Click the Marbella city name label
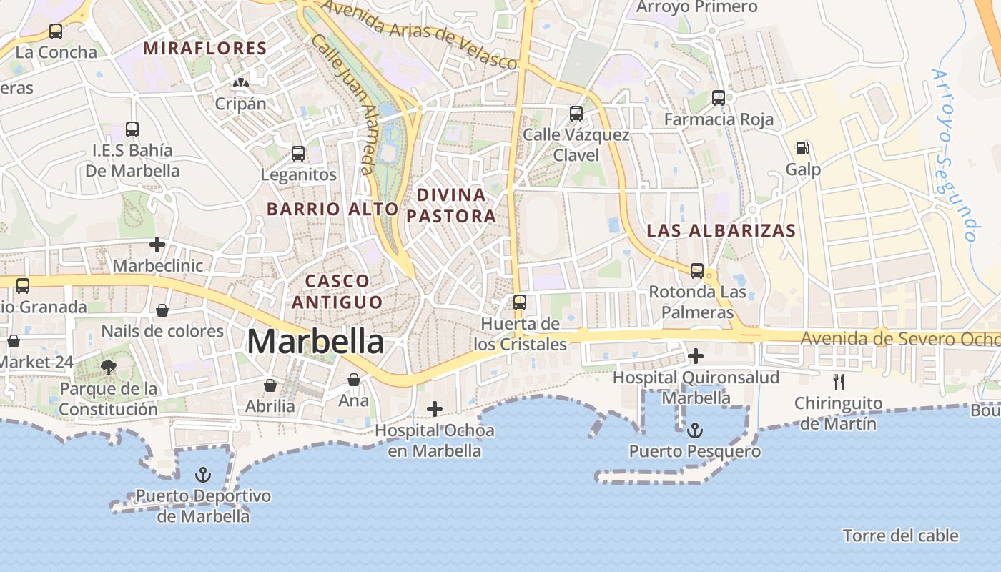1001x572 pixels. click(315, 342)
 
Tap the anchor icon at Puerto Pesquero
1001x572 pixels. click(694, 430)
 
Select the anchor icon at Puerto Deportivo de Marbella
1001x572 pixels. click(204, 475)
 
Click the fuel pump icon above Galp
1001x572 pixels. click(803, 148)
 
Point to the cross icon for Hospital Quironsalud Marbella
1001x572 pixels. click(695, 355)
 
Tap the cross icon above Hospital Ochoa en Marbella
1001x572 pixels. click(434, 409)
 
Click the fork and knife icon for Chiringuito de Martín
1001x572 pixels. click(839, 382)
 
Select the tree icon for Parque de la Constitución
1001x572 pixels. click(109, 368)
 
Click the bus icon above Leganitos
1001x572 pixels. click(298, 154)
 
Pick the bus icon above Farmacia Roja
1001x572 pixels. click(719, 98)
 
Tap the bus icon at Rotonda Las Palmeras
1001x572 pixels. click(697, 271)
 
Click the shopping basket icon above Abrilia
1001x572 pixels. click(270, 385)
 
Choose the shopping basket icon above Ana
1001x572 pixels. click(354, 380)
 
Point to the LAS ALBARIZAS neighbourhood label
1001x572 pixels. click(721, 231)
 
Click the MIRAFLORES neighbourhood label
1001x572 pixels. click(204, 49)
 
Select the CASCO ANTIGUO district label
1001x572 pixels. click(336, 291)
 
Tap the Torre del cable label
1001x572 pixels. click(900, 536)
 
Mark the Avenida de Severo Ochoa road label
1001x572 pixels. click(899, 338)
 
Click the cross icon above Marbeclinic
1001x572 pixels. click(157, 245)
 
